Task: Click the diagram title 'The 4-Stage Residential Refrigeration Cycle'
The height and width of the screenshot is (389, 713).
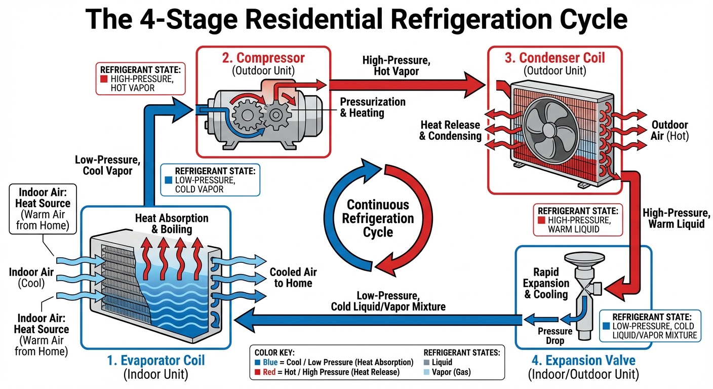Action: pyautogui.click(x=356, y=20)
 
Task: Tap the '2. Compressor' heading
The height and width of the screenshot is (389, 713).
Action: pyautogui.click(x=263, y=58)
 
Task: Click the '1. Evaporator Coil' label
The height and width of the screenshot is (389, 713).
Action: pyautogui.click(x=156, y=360)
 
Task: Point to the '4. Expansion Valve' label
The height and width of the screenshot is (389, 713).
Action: pyautogui.click(x=583, y=360)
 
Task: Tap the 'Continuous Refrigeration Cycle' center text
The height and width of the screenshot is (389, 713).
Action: pyautogui.click(x=378, y=218)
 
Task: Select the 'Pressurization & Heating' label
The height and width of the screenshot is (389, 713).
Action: pyautogui.click(x=372, y=107)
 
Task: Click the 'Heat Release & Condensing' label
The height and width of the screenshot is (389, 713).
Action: pyautogui.click(x=450, y=130)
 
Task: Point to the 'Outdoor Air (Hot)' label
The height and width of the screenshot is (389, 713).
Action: pyautogui.click(x=669, y=130)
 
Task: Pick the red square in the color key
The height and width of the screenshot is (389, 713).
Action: pyautogui.click(x=258, y=372)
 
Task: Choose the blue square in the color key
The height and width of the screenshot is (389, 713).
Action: pyautogui.click(x=258, y=362)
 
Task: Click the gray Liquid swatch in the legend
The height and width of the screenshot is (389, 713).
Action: pyautogui.click(x=427, y=362)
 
